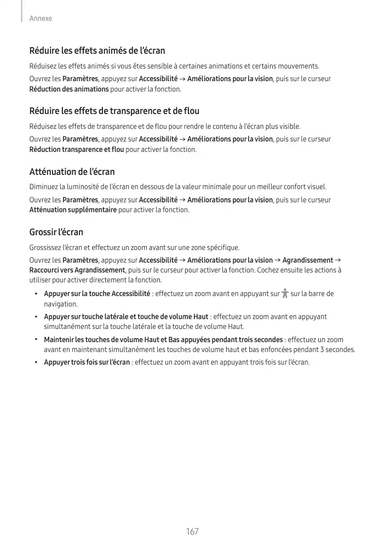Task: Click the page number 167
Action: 192,532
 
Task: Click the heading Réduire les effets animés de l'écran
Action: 97,51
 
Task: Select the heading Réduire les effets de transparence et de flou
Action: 114,111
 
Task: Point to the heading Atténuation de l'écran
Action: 72,172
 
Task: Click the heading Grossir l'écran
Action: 56,232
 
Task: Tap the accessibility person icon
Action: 284,294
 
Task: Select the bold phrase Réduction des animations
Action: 68,89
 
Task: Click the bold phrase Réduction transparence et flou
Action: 76,149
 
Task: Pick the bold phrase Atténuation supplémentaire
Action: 72,210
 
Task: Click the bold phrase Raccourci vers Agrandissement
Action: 77,270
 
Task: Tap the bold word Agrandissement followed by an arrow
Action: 307,260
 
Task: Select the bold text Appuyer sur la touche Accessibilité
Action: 97,294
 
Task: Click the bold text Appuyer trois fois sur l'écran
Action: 87,362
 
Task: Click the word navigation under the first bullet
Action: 60,304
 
